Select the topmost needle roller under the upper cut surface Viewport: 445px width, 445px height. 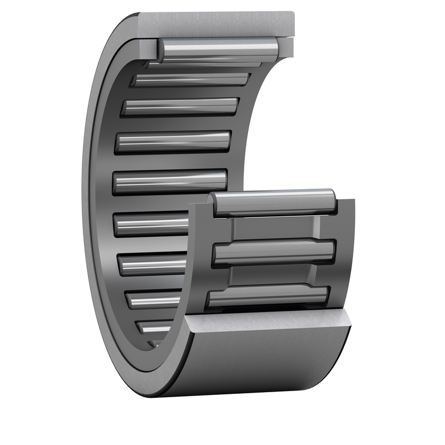click(x=217, y=50)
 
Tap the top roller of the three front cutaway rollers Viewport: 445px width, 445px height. click(x=275, y=203)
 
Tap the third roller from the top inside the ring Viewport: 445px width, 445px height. click(x=180, y=106)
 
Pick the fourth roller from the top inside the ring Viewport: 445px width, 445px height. click(x=173, y=141)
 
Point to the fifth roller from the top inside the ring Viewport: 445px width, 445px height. click(x=170, y=181)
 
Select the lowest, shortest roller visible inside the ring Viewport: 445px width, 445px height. click(x=156, y=328)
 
